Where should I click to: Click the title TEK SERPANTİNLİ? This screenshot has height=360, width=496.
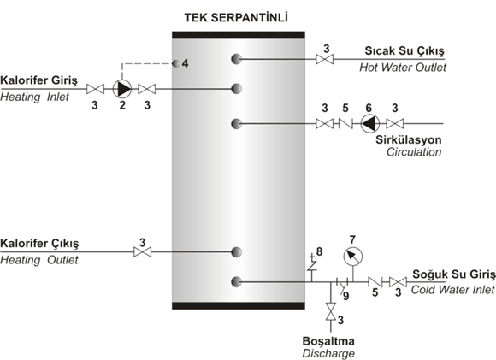[x=236, y=17]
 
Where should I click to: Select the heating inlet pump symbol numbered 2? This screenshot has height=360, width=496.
[x=122, y=89]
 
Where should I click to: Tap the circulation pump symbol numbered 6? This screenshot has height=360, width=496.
[x=370, y=123]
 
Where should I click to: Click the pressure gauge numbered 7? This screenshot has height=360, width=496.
[x=353, y=257]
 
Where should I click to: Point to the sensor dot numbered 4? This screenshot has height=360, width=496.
[x=175, y=63]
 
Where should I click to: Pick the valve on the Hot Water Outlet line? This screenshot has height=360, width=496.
[x=325, y=59]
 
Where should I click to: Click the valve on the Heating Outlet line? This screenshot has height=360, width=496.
[x=142, y=252]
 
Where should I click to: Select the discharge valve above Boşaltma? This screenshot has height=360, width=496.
[x=331, y=311]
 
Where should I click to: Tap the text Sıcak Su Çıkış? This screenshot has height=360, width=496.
[x=404, y=50]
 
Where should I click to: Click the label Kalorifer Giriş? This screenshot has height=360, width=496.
[x=38, y=80]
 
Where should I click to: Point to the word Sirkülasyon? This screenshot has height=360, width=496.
[x=409, y=140]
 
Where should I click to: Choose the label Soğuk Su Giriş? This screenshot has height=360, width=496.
[x=454, y=274]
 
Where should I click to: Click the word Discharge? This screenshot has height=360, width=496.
[x=328, y=353]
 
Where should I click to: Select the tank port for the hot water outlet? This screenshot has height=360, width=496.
[x=236, y=59]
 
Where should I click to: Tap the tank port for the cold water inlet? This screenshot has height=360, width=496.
[x=236, y=281]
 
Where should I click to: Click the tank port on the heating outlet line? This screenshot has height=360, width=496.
[x=236, y=252]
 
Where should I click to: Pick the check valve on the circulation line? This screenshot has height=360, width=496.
[x=345, y=123]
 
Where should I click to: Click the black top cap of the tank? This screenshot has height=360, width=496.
[x=239, y=35]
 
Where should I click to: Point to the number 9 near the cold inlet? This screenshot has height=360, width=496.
[x=346, y=296]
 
